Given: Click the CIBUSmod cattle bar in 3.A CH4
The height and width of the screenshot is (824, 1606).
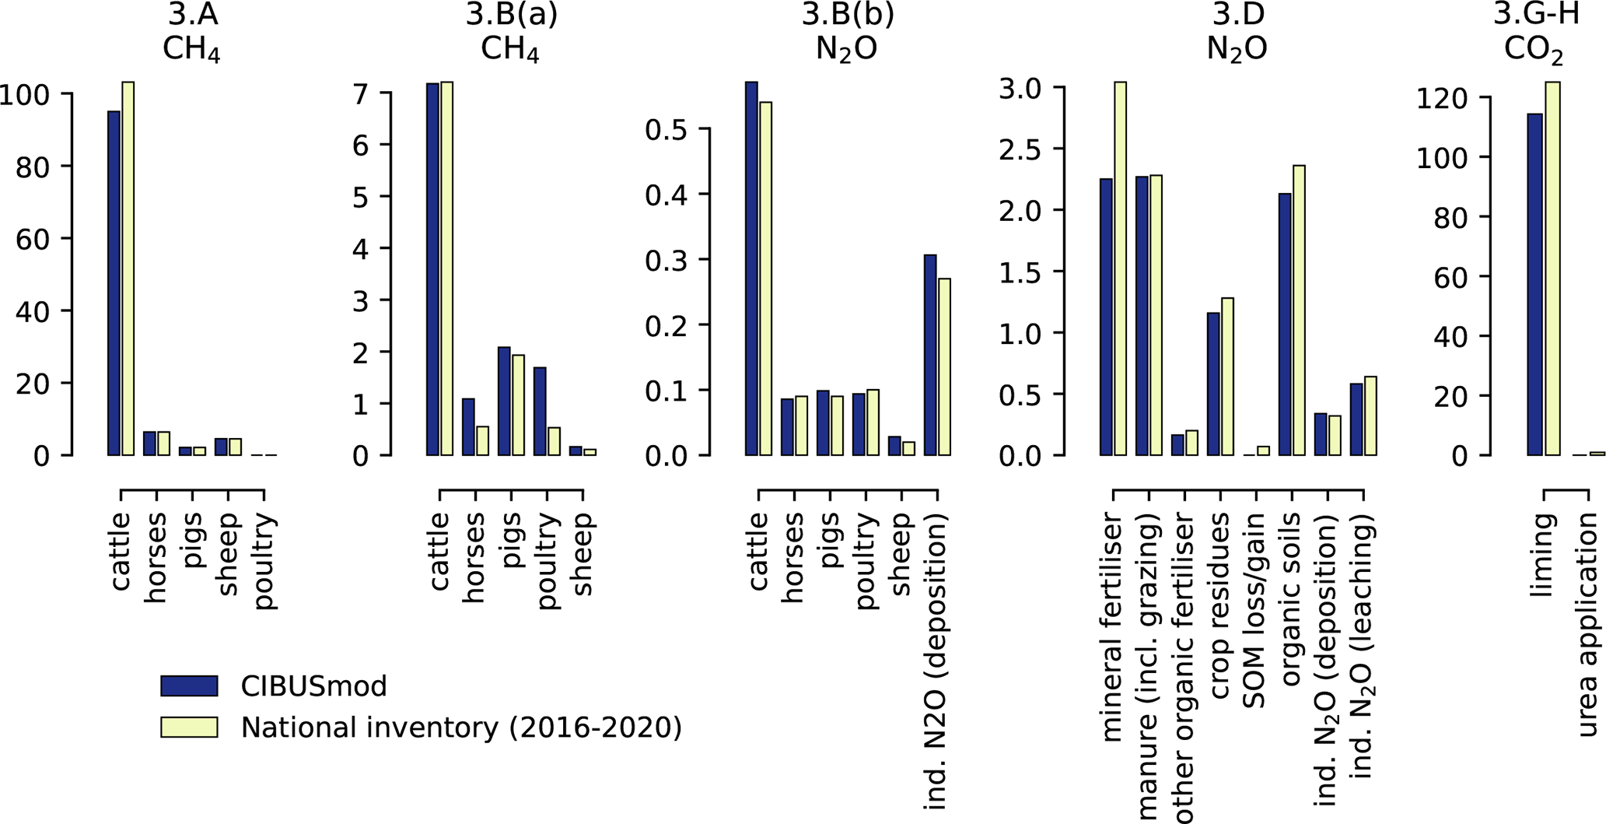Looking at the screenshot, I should tap(114, 283).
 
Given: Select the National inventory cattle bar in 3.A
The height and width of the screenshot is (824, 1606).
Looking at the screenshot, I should tap(128, 268).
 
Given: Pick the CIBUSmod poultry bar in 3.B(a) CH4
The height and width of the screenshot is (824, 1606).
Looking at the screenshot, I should tap(540, 411).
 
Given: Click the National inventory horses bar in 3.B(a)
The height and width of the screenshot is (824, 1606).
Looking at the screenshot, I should tap(482, 440).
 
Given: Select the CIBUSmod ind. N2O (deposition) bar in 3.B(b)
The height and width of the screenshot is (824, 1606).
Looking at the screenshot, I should tap(930, 355).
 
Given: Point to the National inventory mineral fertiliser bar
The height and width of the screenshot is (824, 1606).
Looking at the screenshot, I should tap(1120, 268).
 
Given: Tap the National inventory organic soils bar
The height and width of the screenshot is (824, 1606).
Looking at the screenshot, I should tap(1299, 310).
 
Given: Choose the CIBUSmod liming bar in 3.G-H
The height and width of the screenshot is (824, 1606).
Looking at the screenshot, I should tap(1534, 284).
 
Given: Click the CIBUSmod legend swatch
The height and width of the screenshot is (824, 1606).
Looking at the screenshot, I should tap(189, 685).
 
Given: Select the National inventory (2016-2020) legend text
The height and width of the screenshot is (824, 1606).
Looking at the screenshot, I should tap(461, 727).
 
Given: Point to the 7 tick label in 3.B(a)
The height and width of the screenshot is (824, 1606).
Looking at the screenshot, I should tap(360, 93).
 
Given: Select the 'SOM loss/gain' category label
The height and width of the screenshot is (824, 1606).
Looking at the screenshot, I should tap(1254, 611).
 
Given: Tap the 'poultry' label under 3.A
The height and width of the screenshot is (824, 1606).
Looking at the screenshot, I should tap(265, 561).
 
